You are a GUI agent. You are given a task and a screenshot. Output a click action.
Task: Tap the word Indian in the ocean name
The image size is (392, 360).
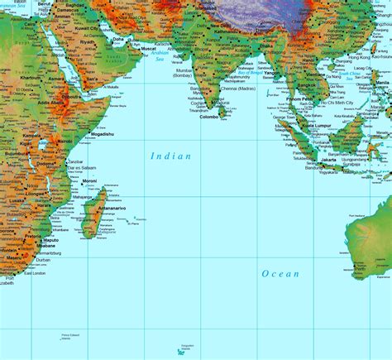click(x=170, y=156)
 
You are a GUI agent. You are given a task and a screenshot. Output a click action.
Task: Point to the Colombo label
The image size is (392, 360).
click(x=210, y=117)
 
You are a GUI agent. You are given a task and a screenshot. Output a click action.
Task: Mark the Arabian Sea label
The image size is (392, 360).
click(x=158, y=62)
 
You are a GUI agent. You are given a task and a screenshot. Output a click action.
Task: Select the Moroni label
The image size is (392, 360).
click(x=90, y=180)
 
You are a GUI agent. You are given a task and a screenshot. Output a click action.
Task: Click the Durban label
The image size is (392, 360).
click(x=44, y=260)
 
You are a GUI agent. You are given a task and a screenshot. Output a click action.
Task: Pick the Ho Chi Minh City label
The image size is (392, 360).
click(x=337, y=102)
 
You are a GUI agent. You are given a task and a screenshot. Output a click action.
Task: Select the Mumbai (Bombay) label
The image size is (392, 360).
click(x=187, y=74)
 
